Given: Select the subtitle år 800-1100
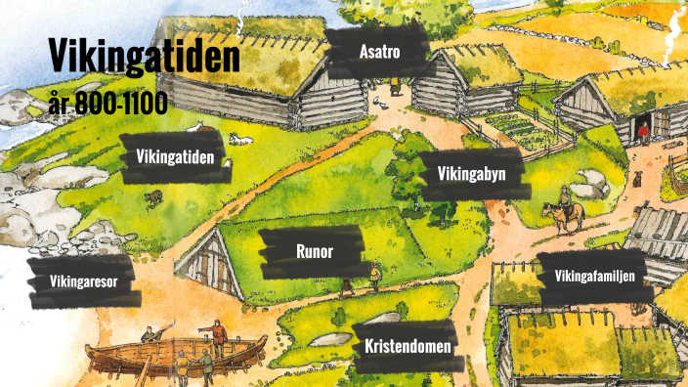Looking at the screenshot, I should pos(107,100).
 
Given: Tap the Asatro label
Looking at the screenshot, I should pos(379,52).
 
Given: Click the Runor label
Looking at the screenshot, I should pos(315,251).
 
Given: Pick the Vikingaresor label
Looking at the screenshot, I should pos(83,282).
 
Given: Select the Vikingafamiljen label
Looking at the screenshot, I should pos(594,277).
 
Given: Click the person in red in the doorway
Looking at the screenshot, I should pos(643,129).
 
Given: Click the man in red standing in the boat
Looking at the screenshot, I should pos(219,337).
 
